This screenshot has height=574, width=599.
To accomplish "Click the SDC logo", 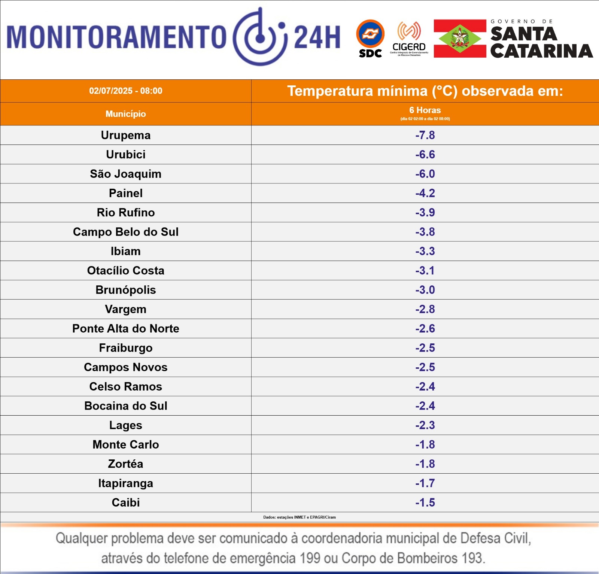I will (370, 38).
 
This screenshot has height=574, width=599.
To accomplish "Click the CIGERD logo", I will (409, 38).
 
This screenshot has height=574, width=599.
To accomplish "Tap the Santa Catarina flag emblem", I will (460, 38).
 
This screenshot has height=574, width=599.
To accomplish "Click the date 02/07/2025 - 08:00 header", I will (126, 91).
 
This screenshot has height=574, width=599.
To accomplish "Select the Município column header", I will (126, 114).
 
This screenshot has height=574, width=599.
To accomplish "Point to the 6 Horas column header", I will (425, 110).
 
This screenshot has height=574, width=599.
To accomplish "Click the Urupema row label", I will (126, 135).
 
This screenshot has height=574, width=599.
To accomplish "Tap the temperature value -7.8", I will (425, 135).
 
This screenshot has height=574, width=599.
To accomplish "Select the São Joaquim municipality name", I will (126, 174).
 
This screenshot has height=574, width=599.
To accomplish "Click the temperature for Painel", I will (425, 193).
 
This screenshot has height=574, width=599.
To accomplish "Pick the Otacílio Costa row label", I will (126, 270).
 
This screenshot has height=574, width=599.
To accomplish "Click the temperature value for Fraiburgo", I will (425, 348).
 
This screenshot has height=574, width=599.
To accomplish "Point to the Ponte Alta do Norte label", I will (126, 328).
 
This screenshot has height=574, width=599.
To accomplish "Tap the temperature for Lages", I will (425, 425).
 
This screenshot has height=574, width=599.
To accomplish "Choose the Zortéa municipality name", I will (126, 464).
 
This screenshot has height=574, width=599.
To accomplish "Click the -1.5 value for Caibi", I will (425, 502).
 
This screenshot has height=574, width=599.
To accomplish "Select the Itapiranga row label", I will (126, 483).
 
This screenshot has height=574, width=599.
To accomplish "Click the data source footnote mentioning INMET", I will (299, 517).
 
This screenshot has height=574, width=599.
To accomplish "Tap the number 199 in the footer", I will (310, 558).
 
